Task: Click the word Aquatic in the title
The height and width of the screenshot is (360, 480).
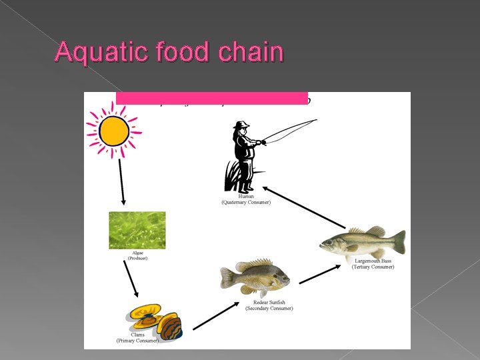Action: tap(94, 52)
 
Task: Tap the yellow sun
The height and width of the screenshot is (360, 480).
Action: tap(114, 131)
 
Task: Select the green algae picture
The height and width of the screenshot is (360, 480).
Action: tap(137, 231)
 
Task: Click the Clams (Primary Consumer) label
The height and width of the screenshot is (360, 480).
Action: tap(137, 337)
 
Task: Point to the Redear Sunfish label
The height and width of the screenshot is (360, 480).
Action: tap(269, 305)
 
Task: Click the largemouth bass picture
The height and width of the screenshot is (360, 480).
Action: tap(363, 241)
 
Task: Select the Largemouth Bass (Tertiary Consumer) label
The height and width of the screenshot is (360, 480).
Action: tap(373, 263)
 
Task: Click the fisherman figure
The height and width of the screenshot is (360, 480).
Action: tap(245, 157)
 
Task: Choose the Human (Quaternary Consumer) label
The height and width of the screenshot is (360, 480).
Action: tap(246, 199)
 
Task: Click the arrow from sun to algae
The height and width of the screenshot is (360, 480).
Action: tap(122, 181)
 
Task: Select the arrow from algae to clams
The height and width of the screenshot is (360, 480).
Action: tap(131, 279)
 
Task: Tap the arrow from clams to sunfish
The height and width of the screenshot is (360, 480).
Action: tap(216, 315)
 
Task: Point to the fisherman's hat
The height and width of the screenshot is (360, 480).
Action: tap(241, 125)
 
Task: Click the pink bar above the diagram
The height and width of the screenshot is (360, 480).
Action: tap(211, 97)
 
